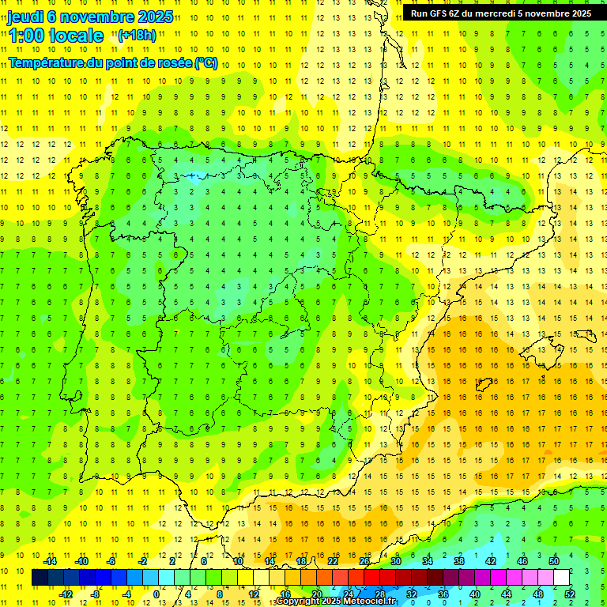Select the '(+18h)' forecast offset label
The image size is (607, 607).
pyautogui.click(x=137, y=35)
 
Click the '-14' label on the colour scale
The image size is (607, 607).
pyautogui.click(x=50, y=561)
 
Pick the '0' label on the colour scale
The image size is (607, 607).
pyautogui.click(x=156, y=594)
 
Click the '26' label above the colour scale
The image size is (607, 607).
pyautogui.click(x=364, y=561)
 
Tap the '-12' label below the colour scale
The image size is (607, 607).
pyautogui.click(x=66, y=594)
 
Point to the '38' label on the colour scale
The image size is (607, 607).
pyautogui.click(x=458, y=561)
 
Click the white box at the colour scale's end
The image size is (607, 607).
pyautogui.click(x=561, y=578)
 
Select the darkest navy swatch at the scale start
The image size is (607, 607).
pyautogui.click(x=40, y=578)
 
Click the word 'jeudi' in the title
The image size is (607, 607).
pyautogui.click(x=25, y=16)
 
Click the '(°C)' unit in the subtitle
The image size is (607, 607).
pyautogui.click(x=205, y=63)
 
